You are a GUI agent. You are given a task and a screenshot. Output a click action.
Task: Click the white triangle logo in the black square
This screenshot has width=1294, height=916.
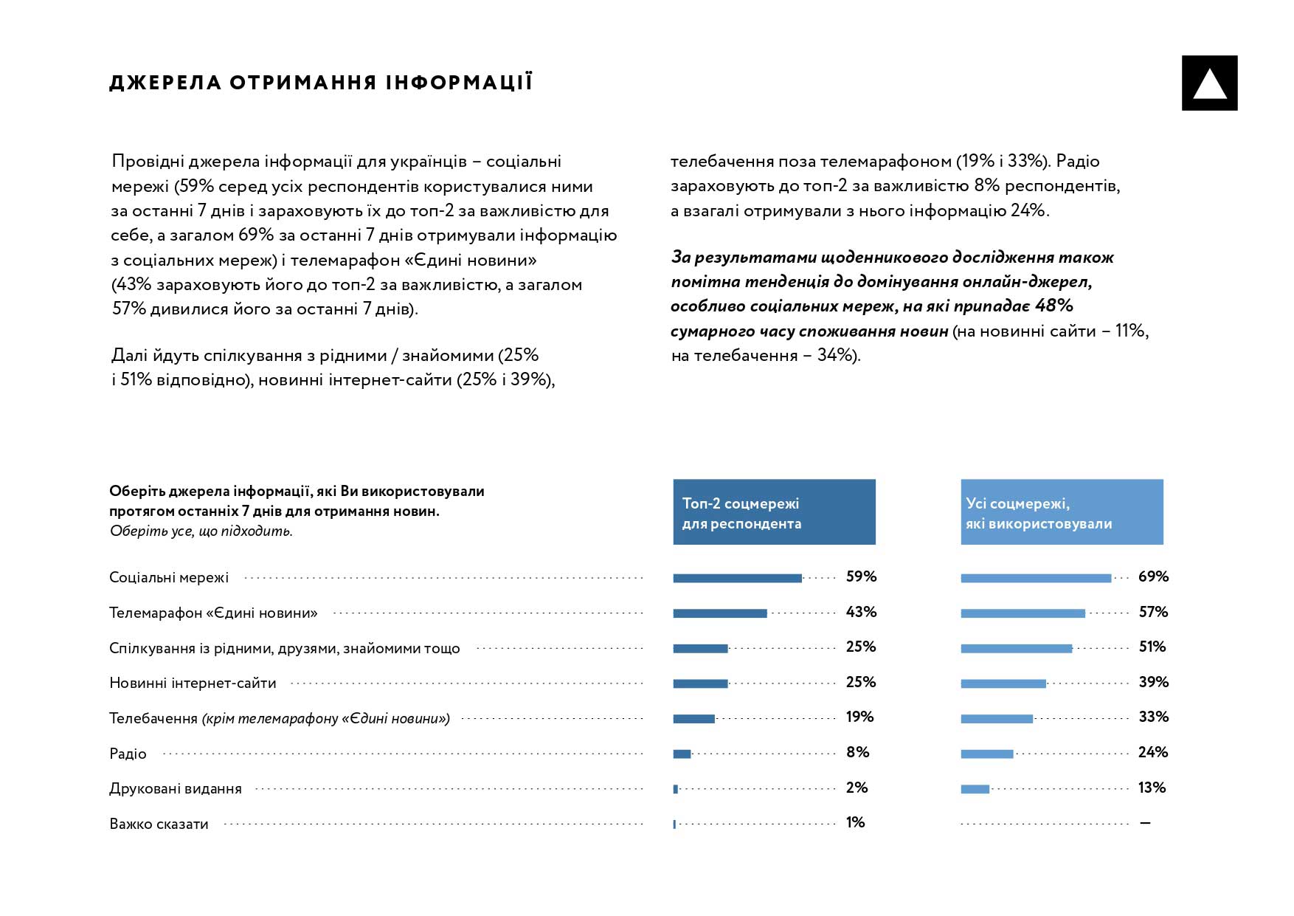[1209, 83]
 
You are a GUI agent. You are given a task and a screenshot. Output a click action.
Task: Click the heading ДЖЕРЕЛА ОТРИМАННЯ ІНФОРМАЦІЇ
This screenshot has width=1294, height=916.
[321, 82]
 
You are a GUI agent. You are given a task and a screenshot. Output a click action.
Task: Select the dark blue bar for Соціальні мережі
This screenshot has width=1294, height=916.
[737, 578]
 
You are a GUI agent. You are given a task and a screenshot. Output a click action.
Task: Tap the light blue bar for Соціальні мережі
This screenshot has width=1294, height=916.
[1036, 578]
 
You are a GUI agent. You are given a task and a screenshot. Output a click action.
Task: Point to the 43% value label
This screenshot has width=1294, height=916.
[861, 612]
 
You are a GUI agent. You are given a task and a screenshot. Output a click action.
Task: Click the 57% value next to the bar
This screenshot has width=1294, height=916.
[1153, 612]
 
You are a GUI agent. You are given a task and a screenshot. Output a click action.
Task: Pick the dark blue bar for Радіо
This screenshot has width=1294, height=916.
[682, 754]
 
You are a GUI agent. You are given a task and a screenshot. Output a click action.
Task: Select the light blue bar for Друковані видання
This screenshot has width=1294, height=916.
[975, 789]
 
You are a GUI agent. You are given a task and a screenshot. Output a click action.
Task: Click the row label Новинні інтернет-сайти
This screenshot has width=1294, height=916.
[193, 683]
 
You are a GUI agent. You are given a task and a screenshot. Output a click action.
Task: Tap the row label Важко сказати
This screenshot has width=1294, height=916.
[159, 824]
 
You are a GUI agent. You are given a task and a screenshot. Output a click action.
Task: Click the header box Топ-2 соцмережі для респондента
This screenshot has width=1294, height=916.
[774, 512]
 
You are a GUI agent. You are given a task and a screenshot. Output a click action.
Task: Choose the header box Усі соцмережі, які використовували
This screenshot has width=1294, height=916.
[1062, 512]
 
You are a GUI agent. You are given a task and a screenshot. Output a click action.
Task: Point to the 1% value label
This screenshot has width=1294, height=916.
[855, 822]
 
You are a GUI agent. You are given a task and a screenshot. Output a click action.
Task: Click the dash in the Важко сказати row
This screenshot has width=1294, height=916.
[1145, 823]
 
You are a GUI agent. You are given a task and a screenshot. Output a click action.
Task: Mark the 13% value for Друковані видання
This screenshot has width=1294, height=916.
[1152, 788]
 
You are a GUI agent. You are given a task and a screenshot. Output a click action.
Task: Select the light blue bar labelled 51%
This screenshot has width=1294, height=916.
[1016, 649]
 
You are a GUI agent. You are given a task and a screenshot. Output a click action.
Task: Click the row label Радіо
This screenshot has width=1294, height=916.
[128, 754]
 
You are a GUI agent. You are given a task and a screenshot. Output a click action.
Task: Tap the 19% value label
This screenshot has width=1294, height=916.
[859, 717]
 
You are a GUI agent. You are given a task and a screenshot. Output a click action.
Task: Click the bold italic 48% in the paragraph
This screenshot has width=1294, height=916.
[1053, 306]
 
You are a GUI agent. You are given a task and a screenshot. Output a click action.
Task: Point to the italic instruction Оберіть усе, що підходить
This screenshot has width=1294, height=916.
[201, 531]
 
